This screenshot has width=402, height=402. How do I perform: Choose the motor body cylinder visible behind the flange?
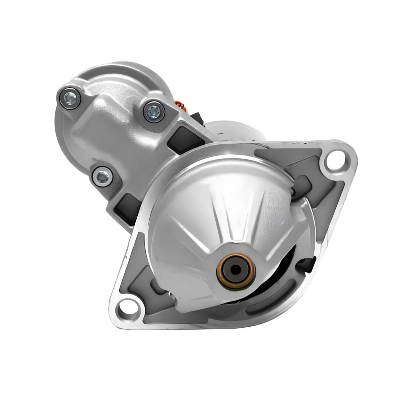coord(234,129)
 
